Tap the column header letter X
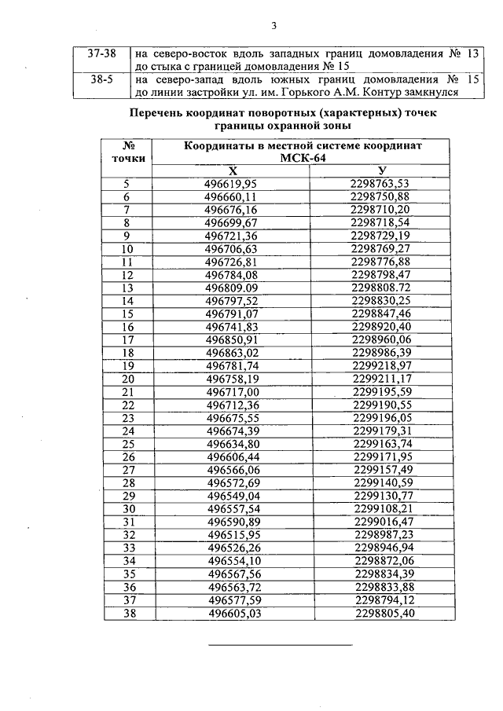point(231,170)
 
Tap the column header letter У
point(381,170)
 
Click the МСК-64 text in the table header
point(303,157)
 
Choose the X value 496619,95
point(231,184)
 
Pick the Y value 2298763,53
point(381,184)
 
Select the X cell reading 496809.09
point(231,288)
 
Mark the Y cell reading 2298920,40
point(382,326)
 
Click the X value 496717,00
point(231,391)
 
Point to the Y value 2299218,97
point(382,365)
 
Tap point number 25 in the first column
point(129,443)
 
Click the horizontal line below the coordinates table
point(280,646)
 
